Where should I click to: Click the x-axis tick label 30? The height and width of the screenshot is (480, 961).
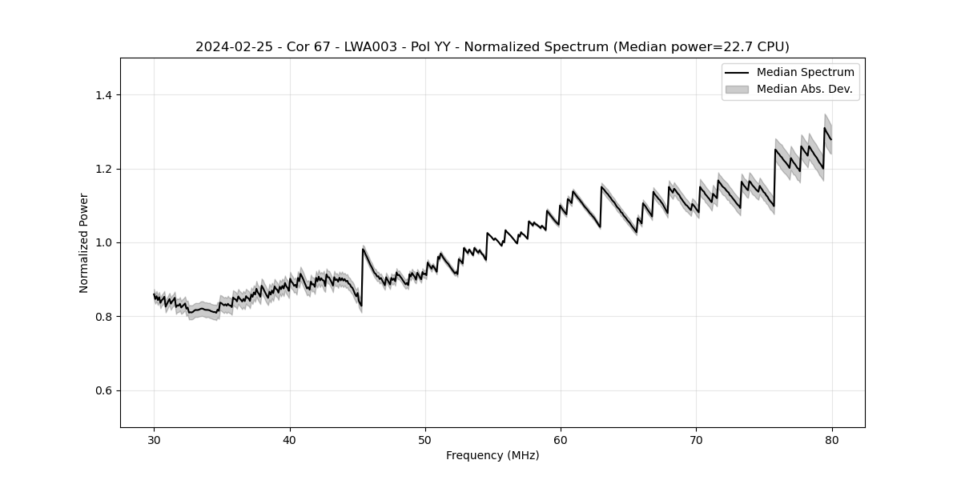[155, 439]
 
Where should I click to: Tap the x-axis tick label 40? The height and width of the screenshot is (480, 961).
[290, 439]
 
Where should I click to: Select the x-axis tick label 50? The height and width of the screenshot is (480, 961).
[425, 439]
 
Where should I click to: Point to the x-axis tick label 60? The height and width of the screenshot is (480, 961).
[561, 439]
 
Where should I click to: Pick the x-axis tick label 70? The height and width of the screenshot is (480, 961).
[697, 439]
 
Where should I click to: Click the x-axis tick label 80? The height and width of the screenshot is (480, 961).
[832, 439]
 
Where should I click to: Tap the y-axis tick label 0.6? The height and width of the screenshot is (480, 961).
[103, 390]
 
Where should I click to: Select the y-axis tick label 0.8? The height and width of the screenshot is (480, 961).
[103, 317]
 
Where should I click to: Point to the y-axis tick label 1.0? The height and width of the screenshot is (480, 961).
[103, 242]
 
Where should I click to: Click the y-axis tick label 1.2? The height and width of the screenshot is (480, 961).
[103, 169]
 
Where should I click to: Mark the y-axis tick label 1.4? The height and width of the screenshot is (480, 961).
[103, 95]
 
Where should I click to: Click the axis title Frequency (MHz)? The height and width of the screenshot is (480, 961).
[493, 455]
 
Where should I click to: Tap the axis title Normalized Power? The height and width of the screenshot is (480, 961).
[84, 242]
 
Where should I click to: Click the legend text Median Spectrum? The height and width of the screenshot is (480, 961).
[805, 73]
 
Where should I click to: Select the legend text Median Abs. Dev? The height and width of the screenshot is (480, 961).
[804, 89]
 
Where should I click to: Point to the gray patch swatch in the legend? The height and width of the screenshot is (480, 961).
[737, 89]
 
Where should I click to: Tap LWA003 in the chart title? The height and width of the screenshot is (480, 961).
[371, 47]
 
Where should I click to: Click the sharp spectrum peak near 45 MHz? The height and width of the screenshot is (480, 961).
[363, 249]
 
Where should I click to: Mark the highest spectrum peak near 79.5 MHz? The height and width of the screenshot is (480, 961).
[825, 128]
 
